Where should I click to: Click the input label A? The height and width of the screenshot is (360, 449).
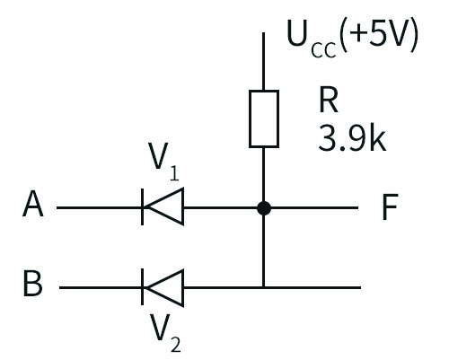33,205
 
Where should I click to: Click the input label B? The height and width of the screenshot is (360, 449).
32,284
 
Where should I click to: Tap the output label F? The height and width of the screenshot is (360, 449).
391,206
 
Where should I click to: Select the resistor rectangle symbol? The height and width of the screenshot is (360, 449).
264,119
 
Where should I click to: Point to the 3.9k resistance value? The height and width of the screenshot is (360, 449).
352,138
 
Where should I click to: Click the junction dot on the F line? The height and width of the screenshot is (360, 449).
264,208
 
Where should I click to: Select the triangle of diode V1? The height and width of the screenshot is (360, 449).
164,206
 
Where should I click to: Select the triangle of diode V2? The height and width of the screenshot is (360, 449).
164,288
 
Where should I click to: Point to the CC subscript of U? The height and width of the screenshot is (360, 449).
323,50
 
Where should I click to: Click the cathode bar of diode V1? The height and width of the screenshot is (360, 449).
142,206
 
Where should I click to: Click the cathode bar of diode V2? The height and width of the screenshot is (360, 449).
142,286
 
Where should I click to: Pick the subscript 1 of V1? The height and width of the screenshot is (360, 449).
174,173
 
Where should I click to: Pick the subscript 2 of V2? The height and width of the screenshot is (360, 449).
176,345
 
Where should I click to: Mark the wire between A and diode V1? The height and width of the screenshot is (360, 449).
99,207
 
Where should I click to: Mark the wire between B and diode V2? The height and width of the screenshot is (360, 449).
100,287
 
